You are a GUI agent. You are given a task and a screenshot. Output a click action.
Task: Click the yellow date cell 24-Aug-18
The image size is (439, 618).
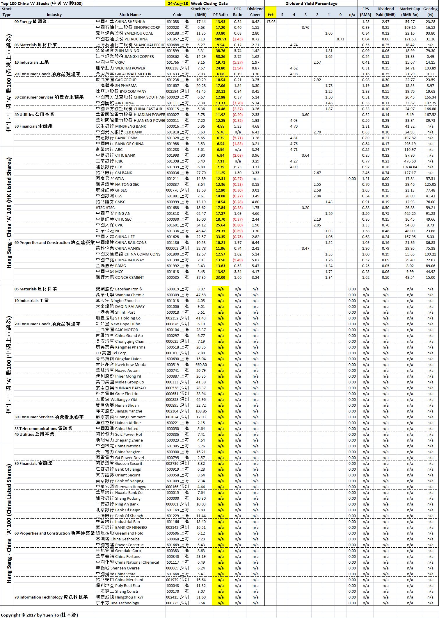[x=177, y=3]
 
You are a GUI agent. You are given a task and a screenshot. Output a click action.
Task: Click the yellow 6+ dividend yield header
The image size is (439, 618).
[x=271, y=15]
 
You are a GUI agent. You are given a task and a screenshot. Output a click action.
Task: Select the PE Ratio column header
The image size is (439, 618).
[x=221, y=15]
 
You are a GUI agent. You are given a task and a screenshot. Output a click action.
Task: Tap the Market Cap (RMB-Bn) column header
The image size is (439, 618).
[x=410, y=12]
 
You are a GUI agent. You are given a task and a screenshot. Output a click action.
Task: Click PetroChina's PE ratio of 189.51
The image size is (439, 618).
[x=221, y=39]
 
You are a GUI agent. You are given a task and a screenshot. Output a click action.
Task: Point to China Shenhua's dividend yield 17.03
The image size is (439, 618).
[x=271, y=22]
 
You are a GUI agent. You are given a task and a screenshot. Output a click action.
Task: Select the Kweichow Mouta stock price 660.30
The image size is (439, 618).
[x=201, y=365]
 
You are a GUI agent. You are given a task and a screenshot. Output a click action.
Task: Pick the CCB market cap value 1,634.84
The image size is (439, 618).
[x=410, y=167]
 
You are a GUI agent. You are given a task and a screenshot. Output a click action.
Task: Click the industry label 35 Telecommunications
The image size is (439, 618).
[x=43, y=428]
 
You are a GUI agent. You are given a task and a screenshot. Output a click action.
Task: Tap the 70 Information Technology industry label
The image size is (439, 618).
[x=51, y=597]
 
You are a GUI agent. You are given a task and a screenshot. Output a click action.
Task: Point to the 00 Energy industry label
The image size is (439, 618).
[x=31, y=22]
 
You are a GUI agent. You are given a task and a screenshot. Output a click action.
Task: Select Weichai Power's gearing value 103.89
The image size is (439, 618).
[x=430, y=68]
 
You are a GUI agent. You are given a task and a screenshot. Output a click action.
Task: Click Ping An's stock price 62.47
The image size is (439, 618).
[x=201, y=213]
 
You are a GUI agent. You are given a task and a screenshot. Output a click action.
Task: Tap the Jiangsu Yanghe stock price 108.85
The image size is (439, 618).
[x=201, y=411]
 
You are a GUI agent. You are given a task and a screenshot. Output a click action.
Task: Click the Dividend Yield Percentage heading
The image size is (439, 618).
[x=311, y=3]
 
